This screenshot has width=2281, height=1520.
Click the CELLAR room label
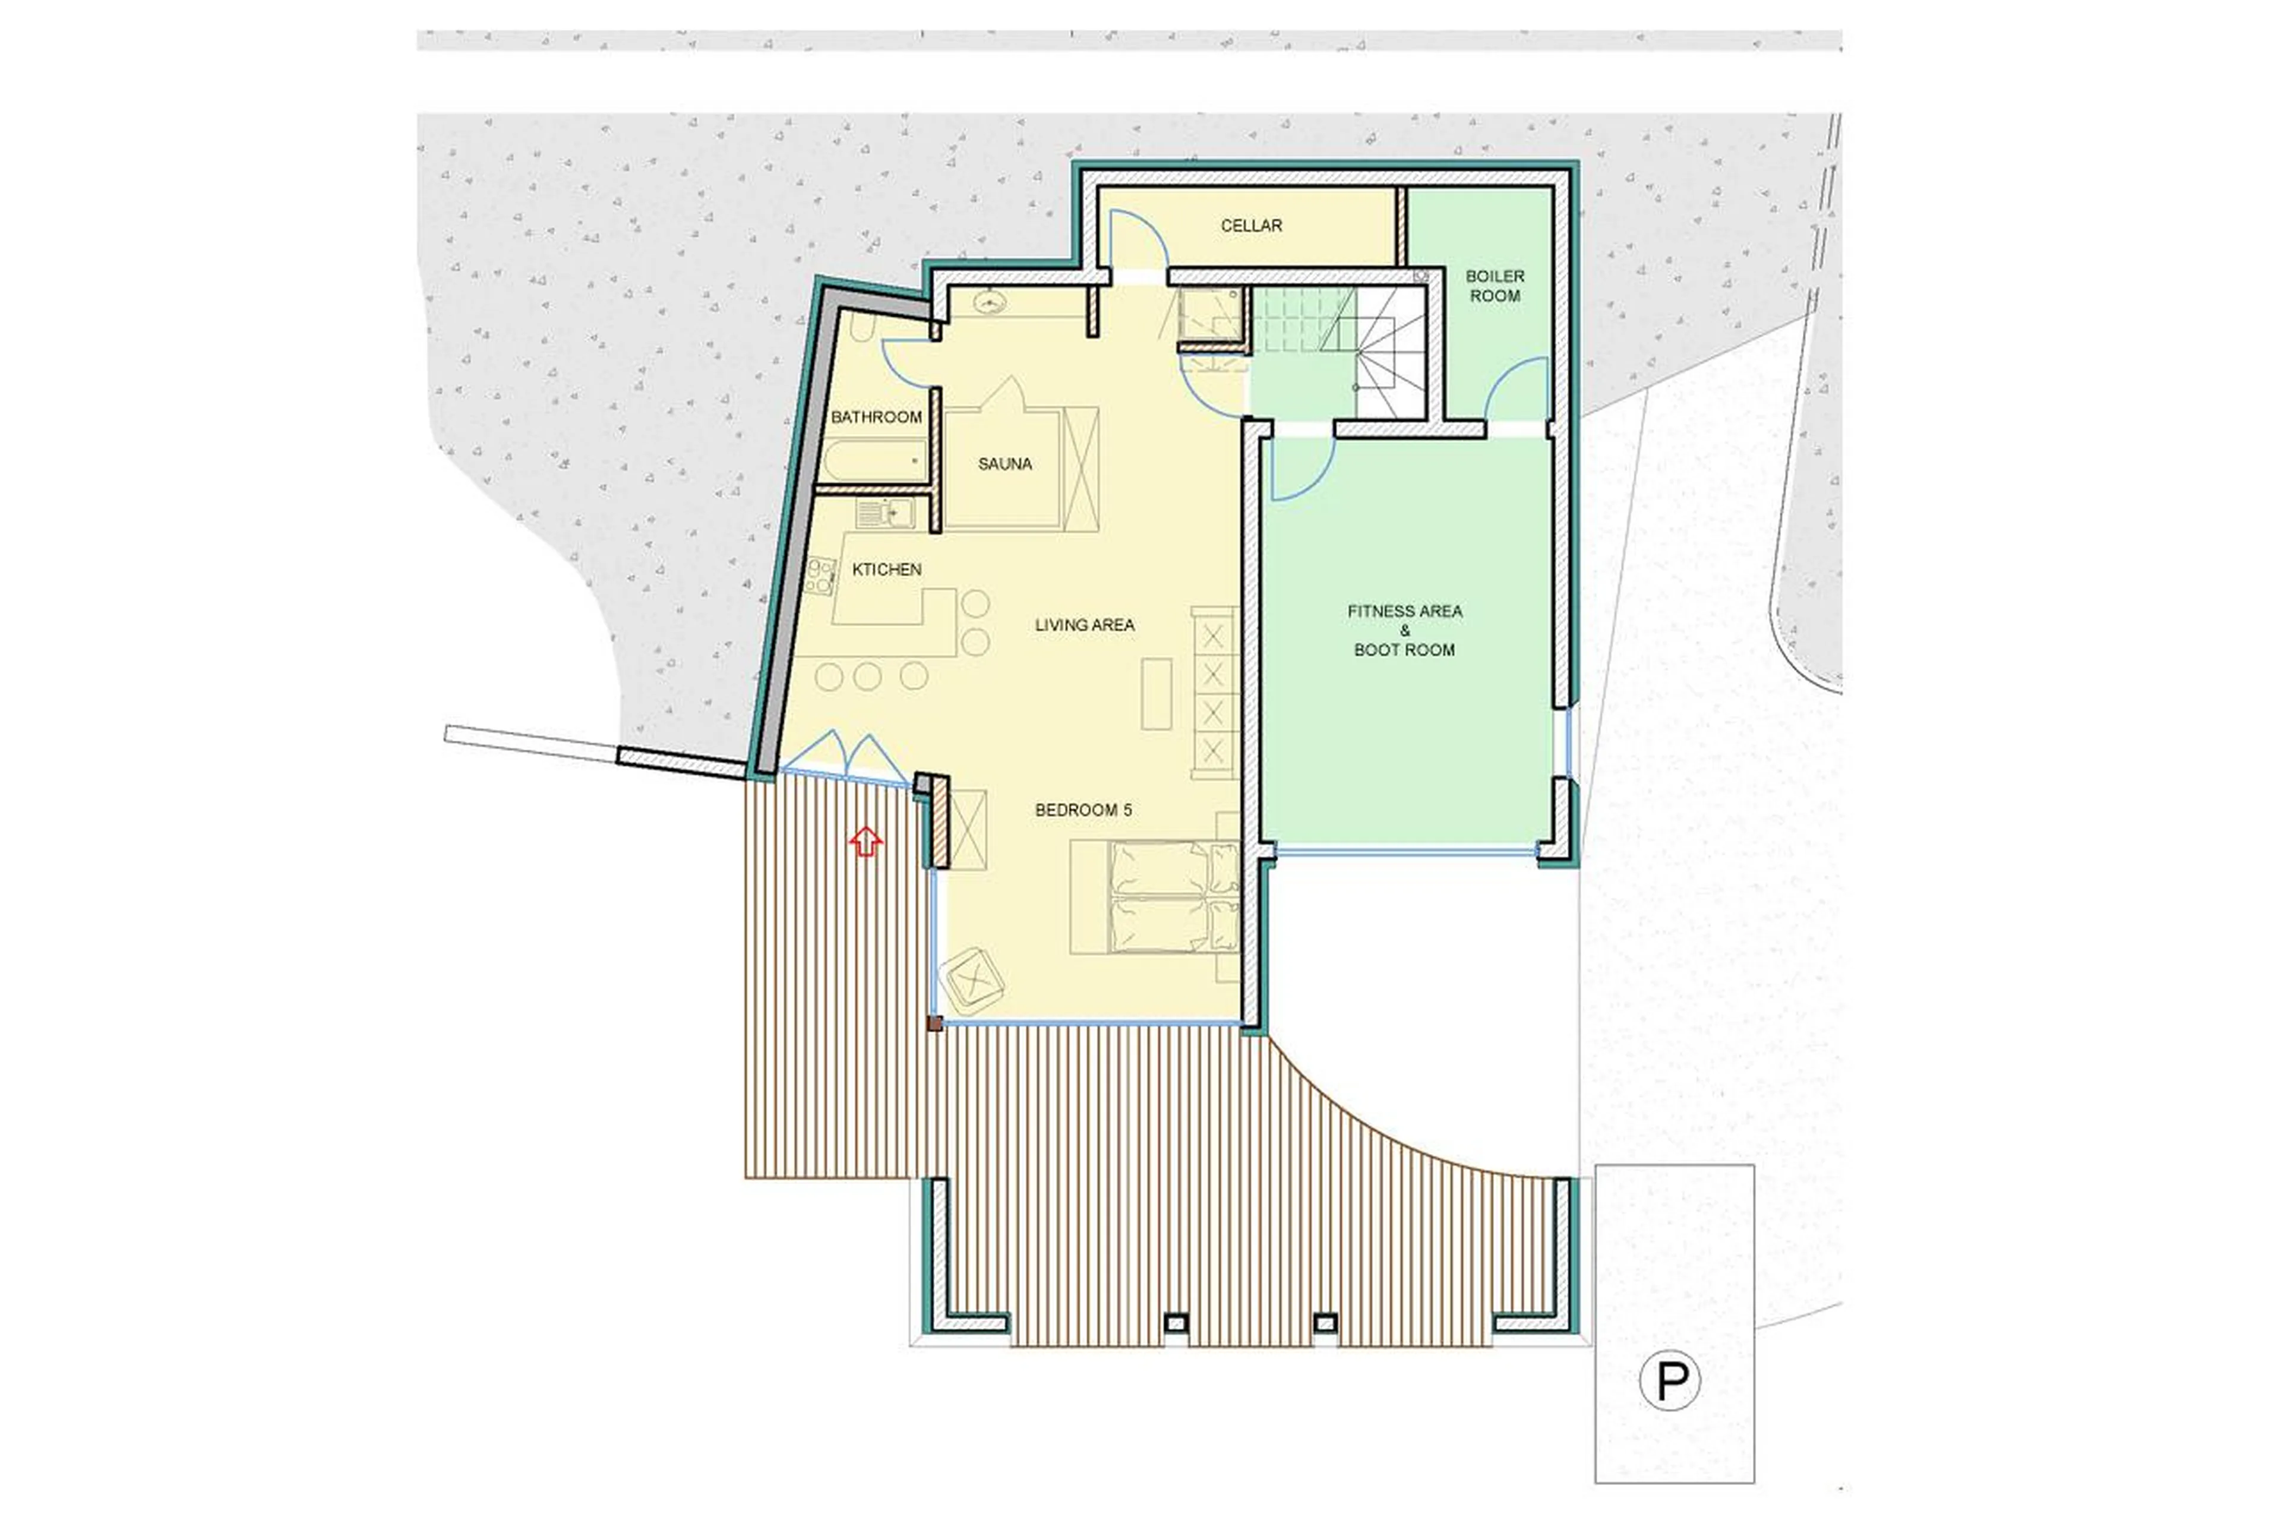pos(1250,226)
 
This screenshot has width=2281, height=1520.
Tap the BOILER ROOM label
pos(1494,286)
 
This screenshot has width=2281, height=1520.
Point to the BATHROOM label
pos(876,417)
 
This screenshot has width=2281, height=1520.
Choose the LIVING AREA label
pos(1084,625)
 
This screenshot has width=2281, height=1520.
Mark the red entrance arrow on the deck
pos(865,840)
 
